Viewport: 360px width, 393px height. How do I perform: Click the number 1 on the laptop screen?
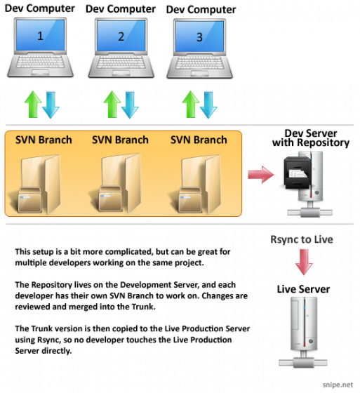point(40,36)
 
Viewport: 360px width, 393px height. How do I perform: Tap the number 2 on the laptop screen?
point(121,36)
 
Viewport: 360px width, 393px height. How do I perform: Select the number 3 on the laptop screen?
point(199,37)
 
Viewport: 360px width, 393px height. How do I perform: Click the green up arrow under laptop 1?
point(33,105)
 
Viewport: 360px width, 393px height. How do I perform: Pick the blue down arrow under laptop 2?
point(130,105)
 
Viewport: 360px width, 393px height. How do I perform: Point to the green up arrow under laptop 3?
point(191,105)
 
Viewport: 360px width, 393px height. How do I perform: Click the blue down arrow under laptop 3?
point(208,105)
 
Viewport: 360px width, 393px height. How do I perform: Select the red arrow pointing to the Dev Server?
point(261,175)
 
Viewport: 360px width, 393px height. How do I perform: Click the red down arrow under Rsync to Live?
point(304,262)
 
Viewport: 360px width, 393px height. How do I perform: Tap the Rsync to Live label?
point(302,239)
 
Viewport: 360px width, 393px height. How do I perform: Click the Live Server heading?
point(303,289)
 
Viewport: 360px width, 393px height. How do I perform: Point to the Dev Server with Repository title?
point(311,138)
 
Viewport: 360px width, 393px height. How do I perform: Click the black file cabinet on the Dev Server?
point(298,173)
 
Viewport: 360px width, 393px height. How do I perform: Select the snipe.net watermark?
point(338,385)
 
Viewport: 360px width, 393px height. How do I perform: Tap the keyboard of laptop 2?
point(121,62)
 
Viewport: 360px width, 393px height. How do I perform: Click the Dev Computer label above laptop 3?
point(201,10)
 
